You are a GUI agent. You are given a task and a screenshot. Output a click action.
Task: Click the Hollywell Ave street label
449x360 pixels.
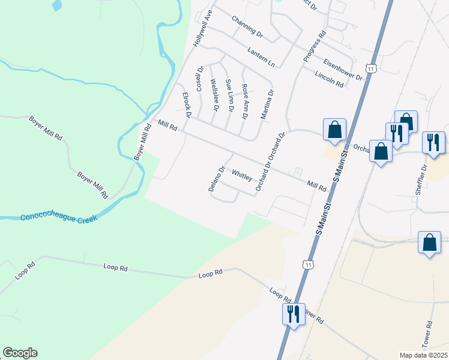(202, 29)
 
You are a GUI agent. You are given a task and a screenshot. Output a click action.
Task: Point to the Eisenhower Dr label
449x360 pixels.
(343, 69)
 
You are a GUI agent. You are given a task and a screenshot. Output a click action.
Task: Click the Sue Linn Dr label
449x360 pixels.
(229, 95)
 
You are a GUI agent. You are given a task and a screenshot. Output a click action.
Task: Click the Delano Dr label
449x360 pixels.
(215, 178)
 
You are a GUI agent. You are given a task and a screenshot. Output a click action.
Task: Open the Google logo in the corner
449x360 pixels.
(20, 353)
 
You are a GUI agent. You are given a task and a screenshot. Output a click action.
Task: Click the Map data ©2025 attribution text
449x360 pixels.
(423, 355)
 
